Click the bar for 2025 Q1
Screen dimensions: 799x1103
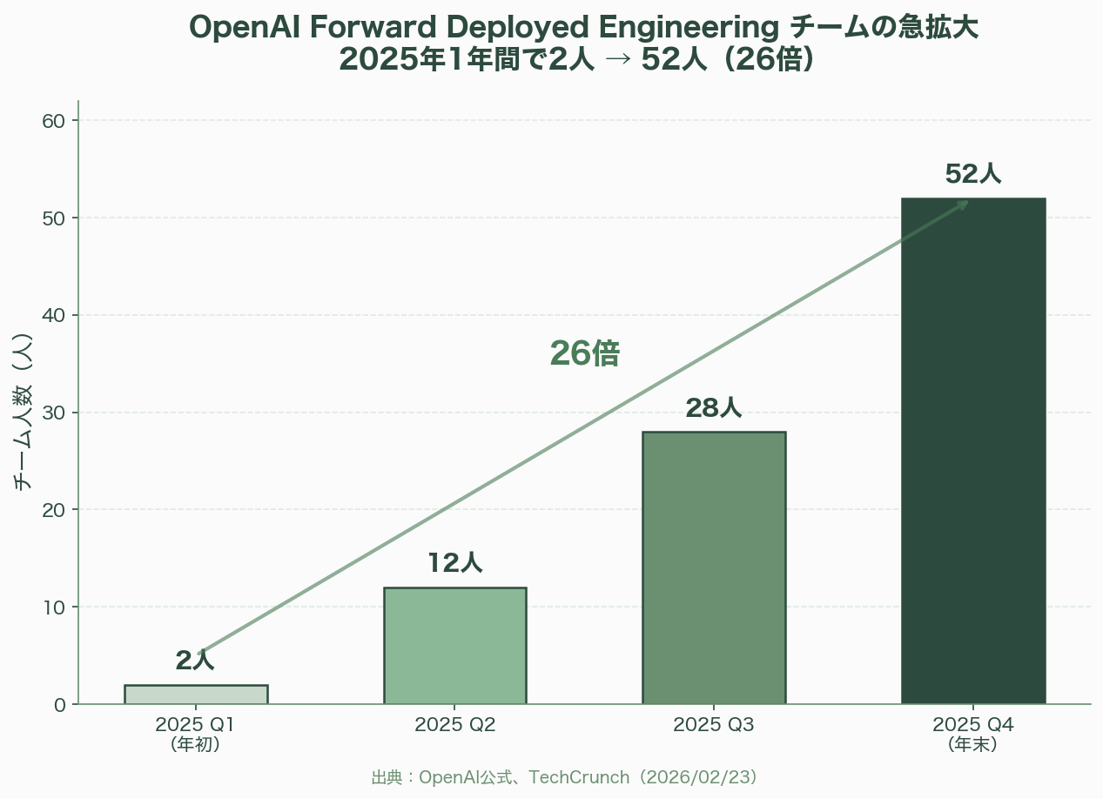coord(196,695)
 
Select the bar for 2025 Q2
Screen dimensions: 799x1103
coord(454,646)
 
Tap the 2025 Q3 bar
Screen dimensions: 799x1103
coord(714,567)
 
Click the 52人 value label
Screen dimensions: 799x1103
coord(973,174)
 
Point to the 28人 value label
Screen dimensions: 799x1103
coord(714,407)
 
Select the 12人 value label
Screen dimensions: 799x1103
coord(454,563)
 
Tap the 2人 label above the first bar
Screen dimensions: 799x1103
coord(195,661)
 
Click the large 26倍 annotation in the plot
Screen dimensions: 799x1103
coord(585,353)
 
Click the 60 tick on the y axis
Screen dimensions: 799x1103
coord(54,120)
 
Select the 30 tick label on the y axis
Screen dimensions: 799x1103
coord(54,413)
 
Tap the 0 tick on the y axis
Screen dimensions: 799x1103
coord(60,704)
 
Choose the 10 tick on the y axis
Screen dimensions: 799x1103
coord(54,607)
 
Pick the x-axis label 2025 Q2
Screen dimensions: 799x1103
coord(454,724)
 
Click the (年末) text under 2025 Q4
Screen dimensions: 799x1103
coord(972,744)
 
